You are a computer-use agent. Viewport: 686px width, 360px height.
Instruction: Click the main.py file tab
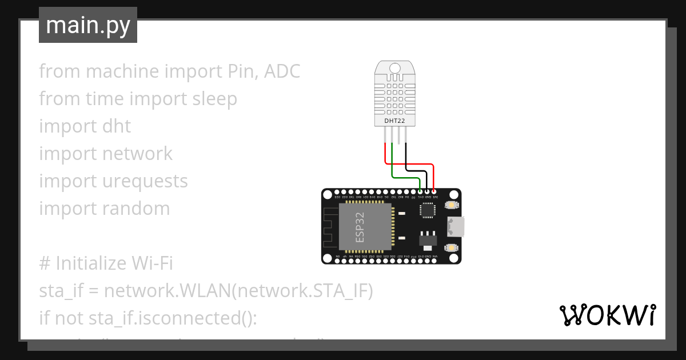(87, 25)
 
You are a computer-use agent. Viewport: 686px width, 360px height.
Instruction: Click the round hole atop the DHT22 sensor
(395, 68)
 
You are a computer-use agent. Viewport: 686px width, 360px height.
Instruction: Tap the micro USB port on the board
(456, 226)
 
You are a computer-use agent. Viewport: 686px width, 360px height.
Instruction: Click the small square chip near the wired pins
(428, 210)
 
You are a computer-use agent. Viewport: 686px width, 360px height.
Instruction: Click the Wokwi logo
(607, 315)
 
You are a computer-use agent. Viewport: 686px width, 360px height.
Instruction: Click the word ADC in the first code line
(282, 71)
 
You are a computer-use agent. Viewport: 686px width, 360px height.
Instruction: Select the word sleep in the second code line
(214, 99)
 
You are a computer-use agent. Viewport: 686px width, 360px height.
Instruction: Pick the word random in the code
(136, 209)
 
